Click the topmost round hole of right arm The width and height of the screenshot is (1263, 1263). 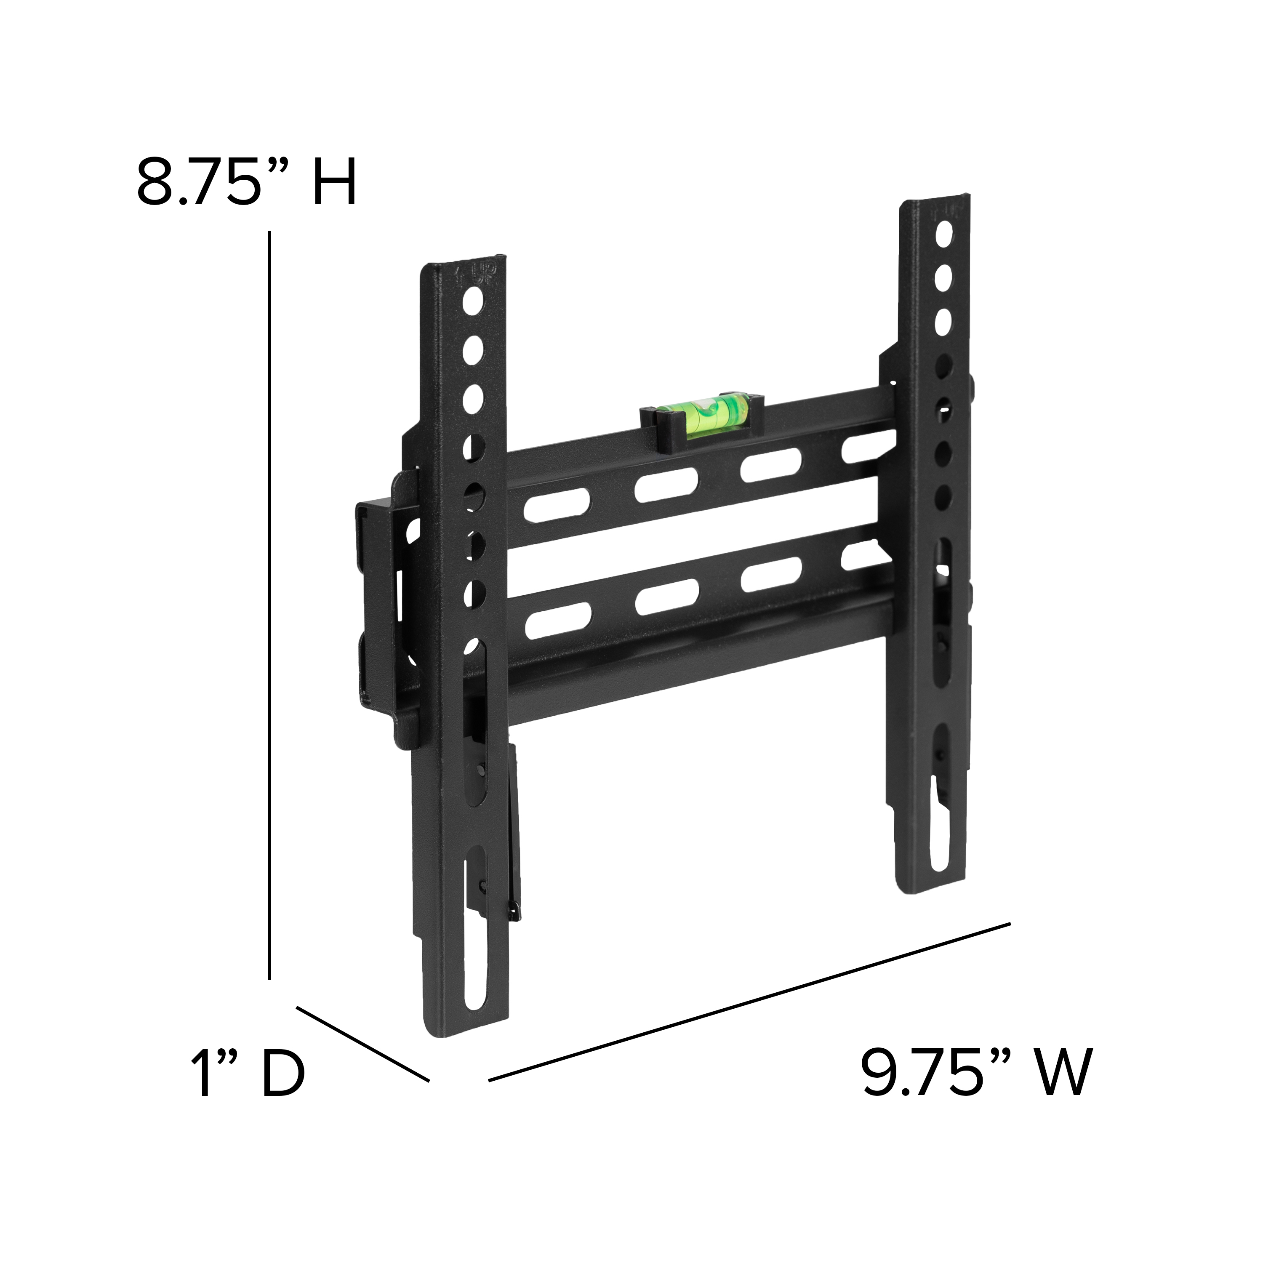pyautogui.click(x=943, y=233)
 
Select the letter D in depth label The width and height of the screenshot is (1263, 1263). pyautogui.click(x=283, y=1072)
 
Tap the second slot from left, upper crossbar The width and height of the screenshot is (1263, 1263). pyautogui.click(x=666, y=485)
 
